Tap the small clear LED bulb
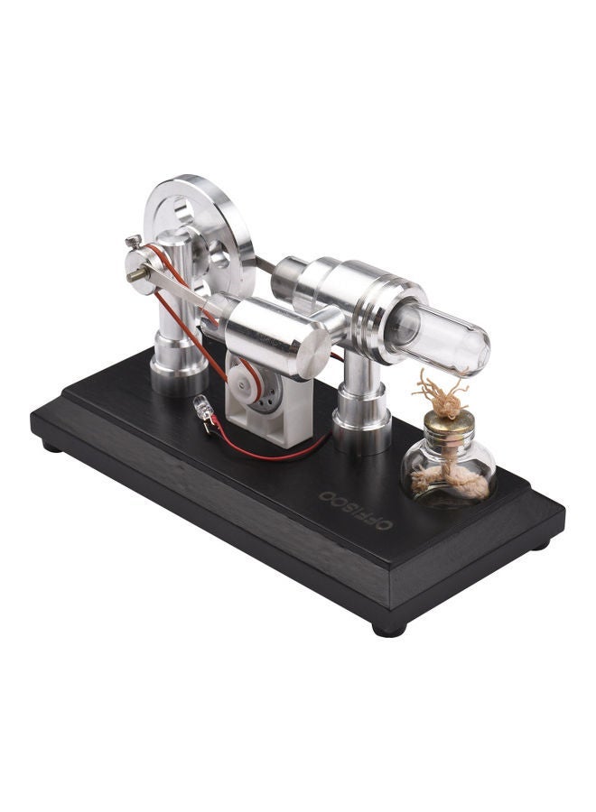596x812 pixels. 200,408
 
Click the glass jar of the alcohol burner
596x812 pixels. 448,474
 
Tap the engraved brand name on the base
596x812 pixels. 356,511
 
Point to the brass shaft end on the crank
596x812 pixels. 134,275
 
